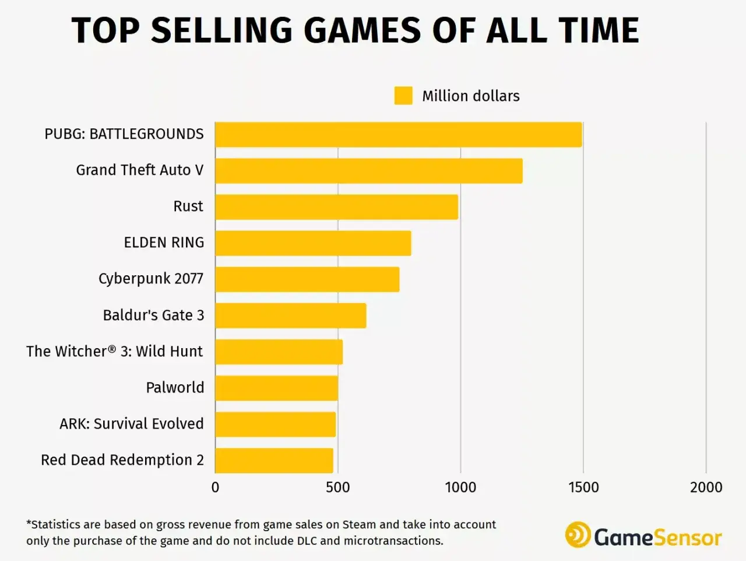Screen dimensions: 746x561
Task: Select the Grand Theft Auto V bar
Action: pyautogui.click(x=369, y=171)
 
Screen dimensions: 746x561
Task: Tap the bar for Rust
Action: pyautogui.click(x=336, y=207)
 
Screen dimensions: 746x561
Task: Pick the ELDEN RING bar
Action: pyautogui.click(x=313, y=243)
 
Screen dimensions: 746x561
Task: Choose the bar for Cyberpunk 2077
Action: pyautogui.click(x=307, y=279)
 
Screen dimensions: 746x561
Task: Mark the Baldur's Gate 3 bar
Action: pyautogui.click(x=291, y=315)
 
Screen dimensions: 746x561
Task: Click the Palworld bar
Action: pyautogui.click(x=276, y=388)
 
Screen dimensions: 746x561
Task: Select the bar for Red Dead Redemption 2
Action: pyautogui.click(x=274, y=461)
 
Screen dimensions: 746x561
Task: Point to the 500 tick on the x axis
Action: pyautogui.click(x=337, y=488)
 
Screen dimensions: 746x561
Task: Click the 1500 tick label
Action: pyautogui.click(x=583, y=488)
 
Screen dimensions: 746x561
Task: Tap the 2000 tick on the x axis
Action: pyautogui.click(x=706, y=488)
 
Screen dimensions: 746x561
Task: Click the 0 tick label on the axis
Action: pyautogui.click(x=215, y=488)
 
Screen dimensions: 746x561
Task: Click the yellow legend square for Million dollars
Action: pyautogui.click(x=403, y=96)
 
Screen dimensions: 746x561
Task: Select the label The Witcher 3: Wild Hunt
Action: pyautogui.click(x=115, y=351)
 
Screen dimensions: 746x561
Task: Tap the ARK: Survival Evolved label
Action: pyautogui.click(x=132, y=423)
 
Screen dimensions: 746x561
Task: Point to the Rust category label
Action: pyautogui.click(x=188, y=206)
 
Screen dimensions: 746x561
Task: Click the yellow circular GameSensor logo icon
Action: pyautogui.click(x=578, y=535)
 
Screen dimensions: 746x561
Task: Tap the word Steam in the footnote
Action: pyautogui.click(x=359, y=525)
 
